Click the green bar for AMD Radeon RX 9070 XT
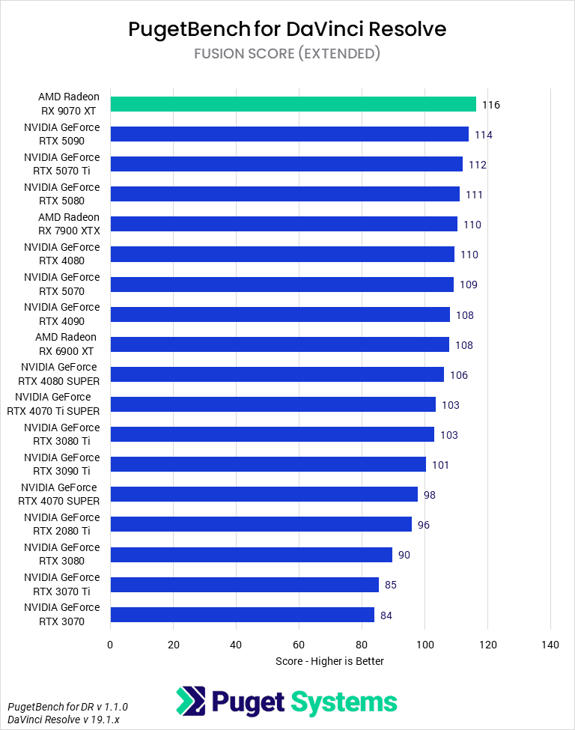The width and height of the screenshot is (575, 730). (x=293, y=104)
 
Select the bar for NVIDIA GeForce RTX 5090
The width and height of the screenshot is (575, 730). (x=289, y=134)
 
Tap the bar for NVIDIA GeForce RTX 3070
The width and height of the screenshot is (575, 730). (x=242, y=615)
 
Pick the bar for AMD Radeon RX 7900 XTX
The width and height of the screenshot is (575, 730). (x=283, y=224)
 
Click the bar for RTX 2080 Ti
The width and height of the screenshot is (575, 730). (x=261, y=524)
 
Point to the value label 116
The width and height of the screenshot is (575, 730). (x=491, y=105)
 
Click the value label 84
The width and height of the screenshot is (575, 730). (x=386, y=615)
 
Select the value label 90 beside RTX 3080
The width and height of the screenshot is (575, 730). (x=404, y=555)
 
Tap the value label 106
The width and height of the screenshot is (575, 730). (x=459, y=375)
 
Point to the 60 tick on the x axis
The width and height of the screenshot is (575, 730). (x=299, y=645)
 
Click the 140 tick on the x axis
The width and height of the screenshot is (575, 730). (x=550, y=645)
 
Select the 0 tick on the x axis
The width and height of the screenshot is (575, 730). (x=110, y=645)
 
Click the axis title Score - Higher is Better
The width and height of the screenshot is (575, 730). (x=329, y=661)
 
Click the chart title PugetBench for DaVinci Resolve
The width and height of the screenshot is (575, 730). (x=287, y=28)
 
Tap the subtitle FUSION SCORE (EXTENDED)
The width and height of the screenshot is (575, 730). (x=287, y=53)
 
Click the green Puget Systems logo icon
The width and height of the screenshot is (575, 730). (x=191, y=702)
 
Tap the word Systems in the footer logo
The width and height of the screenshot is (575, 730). (x=344, y=702)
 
